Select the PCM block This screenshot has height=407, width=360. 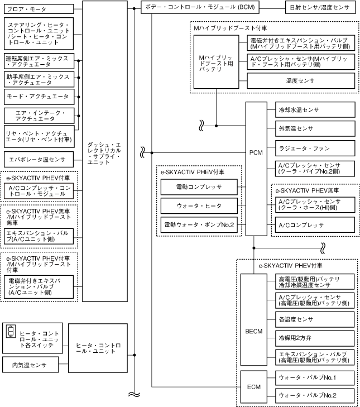click(x=256, y=152)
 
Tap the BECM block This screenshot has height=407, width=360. click(x=253, y=331)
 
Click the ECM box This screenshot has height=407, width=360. click(x=253, y=386)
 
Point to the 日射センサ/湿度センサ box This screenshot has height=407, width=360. click(x=319, y=9)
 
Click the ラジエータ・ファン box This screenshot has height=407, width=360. click(x=315, y=149)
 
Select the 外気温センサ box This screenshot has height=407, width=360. click(x=315, y=129)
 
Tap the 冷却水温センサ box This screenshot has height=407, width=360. click(x=315, y=109)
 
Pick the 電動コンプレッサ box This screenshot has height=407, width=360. click(x=199, y=187)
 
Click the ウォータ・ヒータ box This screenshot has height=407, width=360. click(x=199, y=206)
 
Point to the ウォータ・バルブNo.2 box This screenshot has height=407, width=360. click(x=315, y=396)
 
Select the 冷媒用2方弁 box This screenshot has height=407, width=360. click(x=315, y=338)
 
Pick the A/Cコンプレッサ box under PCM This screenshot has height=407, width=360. click(x=315, y=226)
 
